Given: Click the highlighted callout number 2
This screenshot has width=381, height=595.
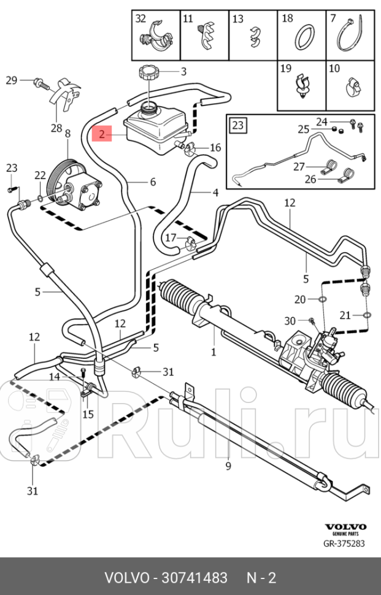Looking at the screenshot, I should [102, 132].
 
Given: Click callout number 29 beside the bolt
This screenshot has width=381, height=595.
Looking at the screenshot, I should [12, 80].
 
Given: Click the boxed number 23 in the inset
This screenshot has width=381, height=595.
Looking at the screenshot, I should [238, 126].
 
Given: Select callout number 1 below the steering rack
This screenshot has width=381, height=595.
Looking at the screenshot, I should [214, 352].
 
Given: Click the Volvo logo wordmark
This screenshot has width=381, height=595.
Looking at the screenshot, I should [345, 527].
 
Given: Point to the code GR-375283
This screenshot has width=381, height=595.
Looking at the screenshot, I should [345, 542].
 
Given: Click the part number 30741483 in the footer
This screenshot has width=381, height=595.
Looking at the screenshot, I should [193, 578].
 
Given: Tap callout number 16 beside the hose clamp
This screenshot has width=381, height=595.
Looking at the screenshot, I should [215, 147].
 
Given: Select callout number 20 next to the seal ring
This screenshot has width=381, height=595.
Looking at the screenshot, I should [300, 299].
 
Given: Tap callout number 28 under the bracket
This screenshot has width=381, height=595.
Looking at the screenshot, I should [56, 128].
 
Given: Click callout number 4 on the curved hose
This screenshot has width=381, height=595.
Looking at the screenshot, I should [215, 193].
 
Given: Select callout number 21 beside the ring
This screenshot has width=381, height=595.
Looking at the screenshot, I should [345, 315].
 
